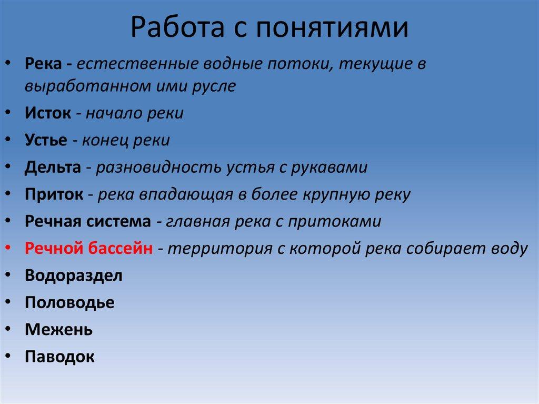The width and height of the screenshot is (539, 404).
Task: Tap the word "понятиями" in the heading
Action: tap(332, 28)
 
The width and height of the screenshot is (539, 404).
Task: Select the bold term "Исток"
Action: tap(47, 114)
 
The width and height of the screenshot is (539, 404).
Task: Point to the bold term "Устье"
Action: tap(46, 141)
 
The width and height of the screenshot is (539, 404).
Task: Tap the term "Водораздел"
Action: tap(73, 275)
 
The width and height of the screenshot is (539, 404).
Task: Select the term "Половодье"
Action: tap(69, 303)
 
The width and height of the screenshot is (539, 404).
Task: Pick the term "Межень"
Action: tap(58, 330)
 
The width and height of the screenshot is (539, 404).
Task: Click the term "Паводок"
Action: tap(59, 357)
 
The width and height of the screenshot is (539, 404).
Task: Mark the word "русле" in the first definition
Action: tap(213, 86)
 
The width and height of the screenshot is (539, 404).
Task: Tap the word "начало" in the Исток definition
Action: tap(113, 114)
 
